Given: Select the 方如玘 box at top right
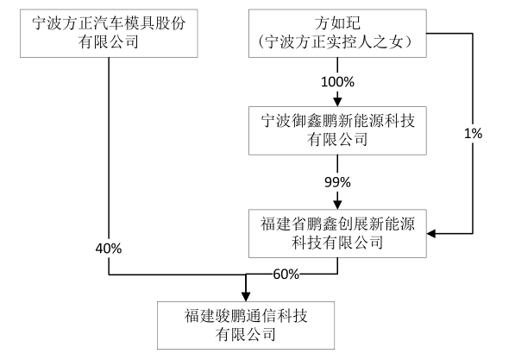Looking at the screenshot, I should (338, 31).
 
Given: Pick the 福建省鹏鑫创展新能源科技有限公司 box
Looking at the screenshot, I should (338, 231).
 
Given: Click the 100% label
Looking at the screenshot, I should (338, 82).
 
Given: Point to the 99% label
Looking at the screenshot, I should (338, 182).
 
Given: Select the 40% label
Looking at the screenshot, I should (110, 249).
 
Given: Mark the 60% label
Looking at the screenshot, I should (286, 275).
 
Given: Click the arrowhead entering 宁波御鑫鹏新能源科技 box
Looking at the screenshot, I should (338, 102).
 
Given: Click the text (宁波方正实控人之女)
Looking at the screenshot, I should (338, 41).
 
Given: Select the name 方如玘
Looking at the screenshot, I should (338, 22).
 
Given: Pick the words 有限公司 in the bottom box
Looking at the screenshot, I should (246, 333).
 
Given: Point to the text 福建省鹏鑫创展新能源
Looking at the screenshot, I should (338, 223).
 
